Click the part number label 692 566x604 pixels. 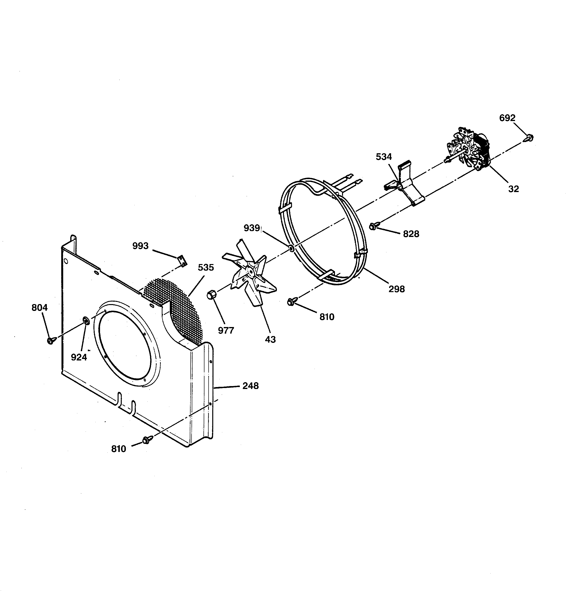point(507,118)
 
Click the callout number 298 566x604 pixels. point(396,289)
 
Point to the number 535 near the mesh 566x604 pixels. point(206,267)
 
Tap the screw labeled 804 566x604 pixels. point(51,340)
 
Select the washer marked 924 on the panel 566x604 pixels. point(86,320)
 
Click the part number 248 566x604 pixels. point(250,386)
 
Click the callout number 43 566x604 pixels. point(270,339)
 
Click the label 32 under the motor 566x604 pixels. point(514,189)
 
